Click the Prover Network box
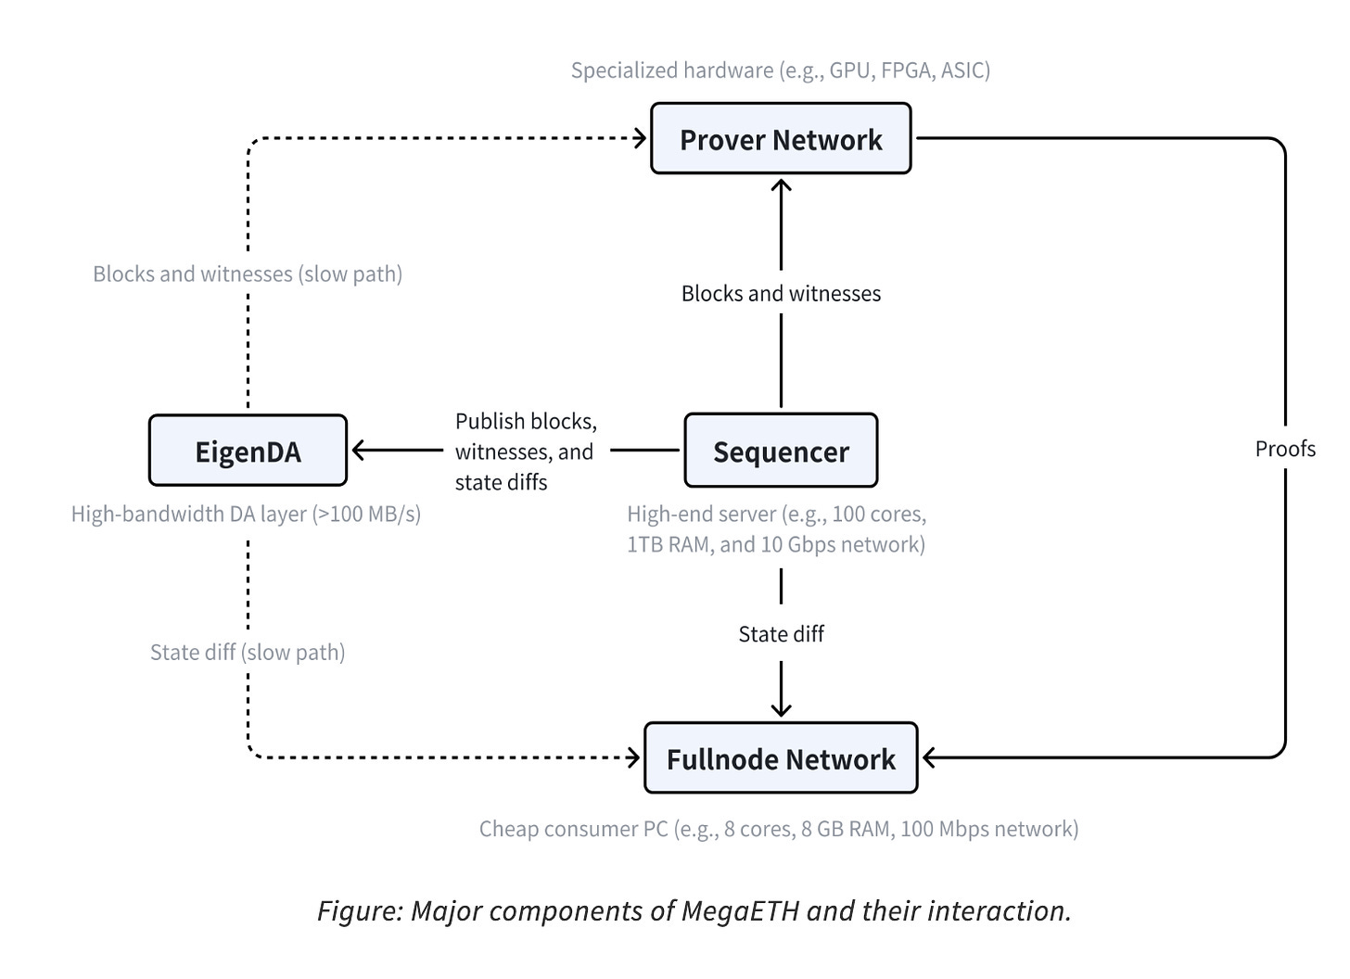[781, 138]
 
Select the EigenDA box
[248, 450]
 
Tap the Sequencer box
[781, 450]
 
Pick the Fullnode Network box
[781, 757]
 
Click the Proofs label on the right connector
[1285, 449]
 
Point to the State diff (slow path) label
[248, 653]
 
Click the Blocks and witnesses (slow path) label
[248, 274]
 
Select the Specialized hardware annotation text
[781, 70]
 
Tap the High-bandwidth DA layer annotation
[246, 514]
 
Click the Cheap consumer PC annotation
[779, 829]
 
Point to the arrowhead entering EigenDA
[358, 450]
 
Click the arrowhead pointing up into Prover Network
[781, 185]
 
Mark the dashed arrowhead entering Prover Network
[640, 138]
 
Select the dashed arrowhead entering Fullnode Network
[633, 757]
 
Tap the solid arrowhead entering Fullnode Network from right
[929, 757]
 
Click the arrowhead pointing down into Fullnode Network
[781, 710]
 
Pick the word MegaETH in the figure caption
[741, 910]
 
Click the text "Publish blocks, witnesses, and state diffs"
[526, 451]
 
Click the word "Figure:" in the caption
[361, 911]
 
